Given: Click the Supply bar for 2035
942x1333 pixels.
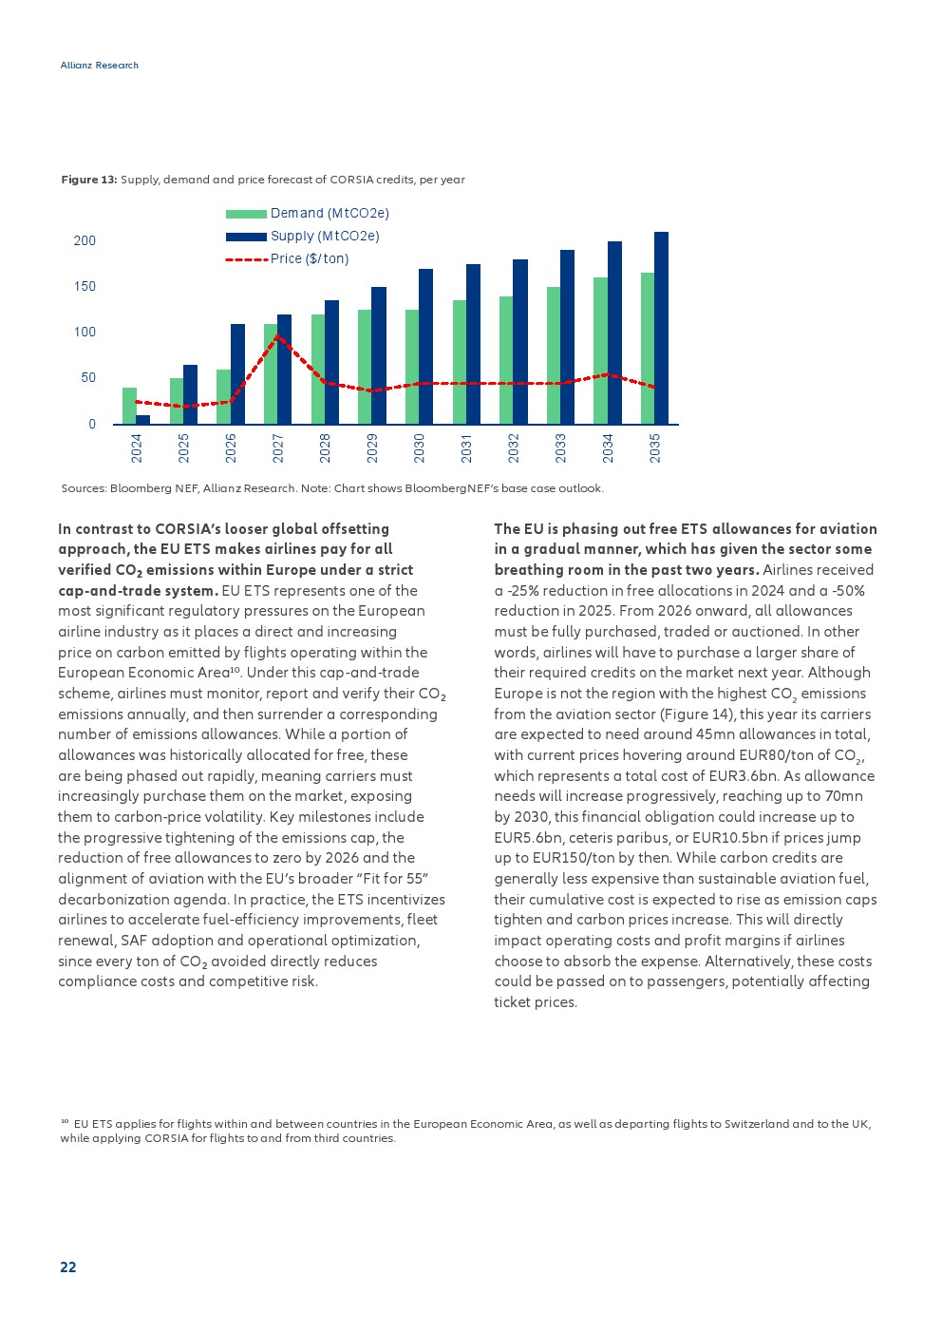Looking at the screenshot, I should [661, 328].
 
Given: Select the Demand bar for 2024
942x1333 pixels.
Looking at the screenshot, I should [129, 406].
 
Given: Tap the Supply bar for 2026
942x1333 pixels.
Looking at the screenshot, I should [237, 373].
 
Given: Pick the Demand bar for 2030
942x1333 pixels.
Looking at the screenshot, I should [412, 367].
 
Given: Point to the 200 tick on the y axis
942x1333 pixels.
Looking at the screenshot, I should [85, 240].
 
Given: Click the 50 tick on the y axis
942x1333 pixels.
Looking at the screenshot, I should [88, 377].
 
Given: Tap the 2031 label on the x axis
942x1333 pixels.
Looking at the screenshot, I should [466, 448].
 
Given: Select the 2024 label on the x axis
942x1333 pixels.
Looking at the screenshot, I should [137, 448].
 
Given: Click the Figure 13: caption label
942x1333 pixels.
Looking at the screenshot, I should [89, 180].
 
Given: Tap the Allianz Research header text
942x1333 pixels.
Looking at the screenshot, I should [100, 66].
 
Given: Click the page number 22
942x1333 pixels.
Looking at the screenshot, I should [68, 1266].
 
